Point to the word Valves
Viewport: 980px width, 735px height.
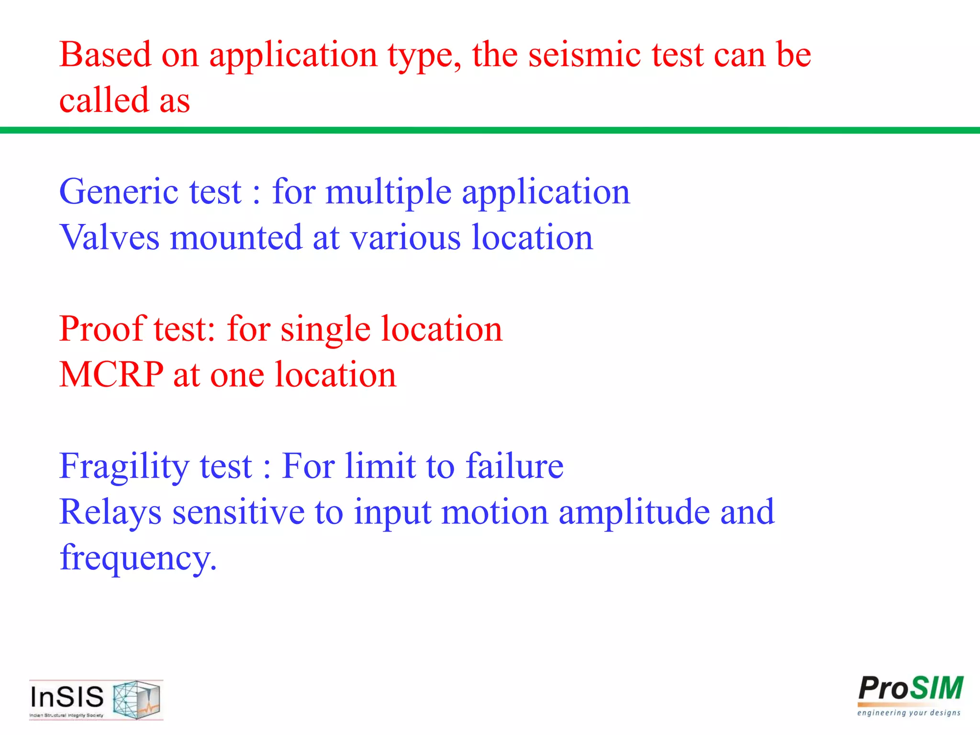[x=109, y=237]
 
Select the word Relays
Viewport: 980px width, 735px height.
[x=110, y=512]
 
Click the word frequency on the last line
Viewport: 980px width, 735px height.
[x=138, y=558]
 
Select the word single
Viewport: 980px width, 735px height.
[x=325, y=330]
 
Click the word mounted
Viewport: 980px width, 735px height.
[x=236, y=238]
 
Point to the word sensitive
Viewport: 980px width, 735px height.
[x=238, y=512]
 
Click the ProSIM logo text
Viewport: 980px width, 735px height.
[x=911, y=690]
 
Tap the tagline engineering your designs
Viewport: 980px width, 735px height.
[x=909, y=713]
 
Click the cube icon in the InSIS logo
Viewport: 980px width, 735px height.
[x=137, y=700]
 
